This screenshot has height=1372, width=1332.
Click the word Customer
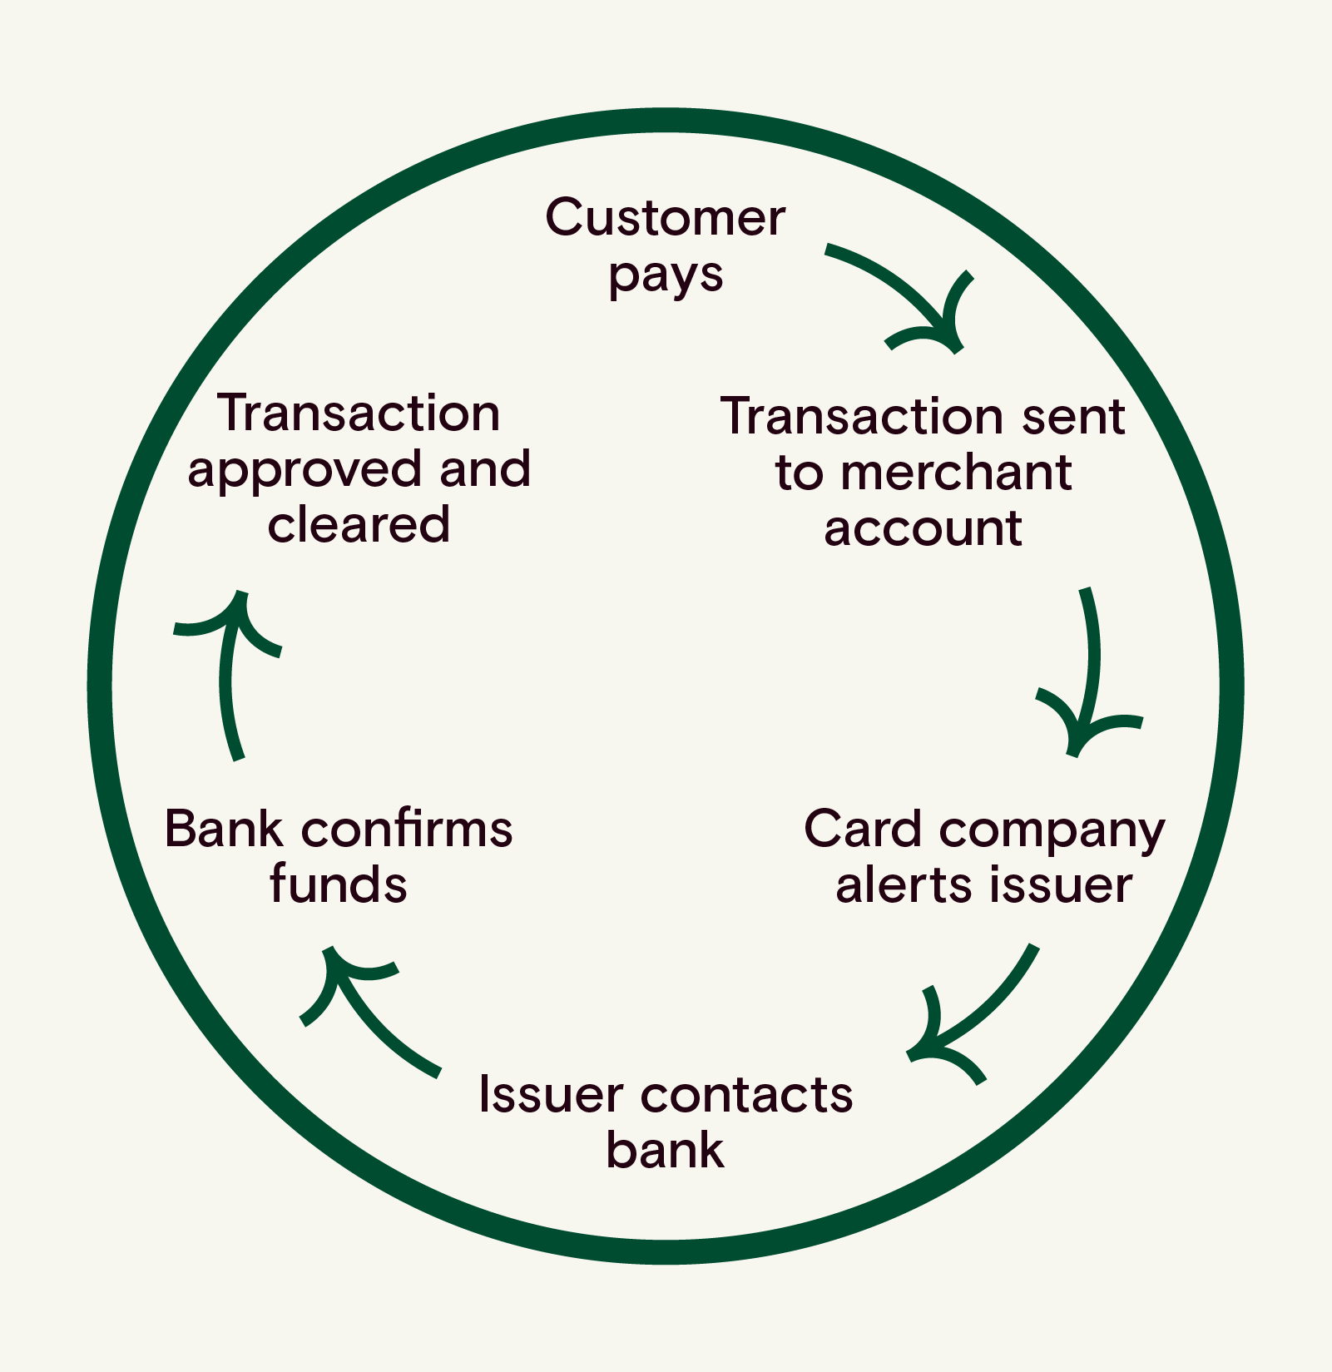(665, 218)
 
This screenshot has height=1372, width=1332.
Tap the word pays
(665, 276)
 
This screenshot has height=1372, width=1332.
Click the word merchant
(956, 473)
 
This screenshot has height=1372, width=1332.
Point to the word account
(922, 528)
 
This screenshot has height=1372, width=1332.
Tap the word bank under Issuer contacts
(665, 1151)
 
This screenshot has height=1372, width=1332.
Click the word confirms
(406, 830)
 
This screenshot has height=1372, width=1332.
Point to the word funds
(338, 884)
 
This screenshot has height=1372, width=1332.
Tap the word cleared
(359, 525)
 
